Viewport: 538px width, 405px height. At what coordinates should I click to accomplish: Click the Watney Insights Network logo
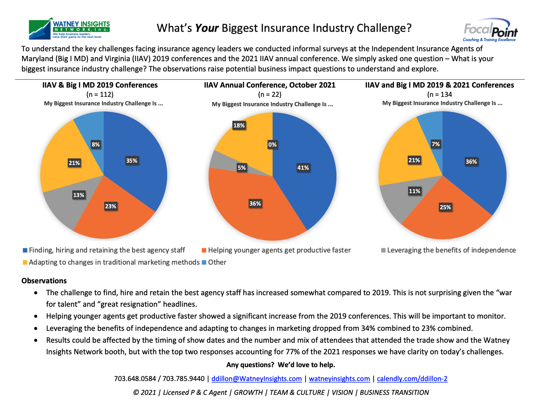[69, 29]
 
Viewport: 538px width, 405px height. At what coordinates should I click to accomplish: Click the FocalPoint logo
[490, 30]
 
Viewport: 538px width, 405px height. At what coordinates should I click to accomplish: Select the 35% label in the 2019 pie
[132, 161]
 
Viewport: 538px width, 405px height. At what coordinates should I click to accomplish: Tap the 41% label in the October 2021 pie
[303, 168]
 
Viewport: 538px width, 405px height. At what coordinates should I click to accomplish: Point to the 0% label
[272, 145]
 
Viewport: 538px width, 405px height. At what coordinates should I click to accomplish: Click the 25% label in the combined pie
[445, 207]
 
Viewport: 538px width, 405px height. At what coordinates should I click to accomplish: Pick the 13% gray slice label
[78, 195]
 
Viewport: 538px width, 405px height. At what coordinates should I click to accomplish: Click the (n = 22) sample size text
[270, 95]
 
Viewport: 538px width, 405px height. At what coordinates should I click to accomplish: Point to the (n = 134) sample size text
[439, 94]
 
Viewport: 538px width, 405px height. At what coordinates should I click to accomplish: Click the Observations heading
[44, 281]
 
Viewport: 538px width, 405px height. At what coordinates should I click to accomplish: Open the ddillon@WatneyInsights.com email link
[256, 379]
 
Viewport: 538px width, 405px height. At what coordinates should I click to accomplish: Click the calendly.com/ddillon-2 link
[412, 379]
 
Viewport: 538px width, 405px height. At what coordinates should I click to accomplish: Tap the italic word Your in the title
[207, 28]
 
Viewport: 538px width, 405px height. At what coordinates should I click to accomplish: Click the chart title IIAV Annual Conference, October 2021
[270, 85]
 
